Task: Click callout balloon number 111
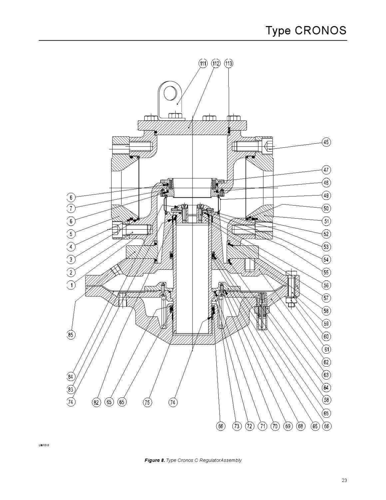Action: (x=203, y=63)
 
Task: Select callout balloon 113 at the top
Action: (x=228, y=63)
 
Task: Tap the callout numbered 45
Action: (x=326, y=142)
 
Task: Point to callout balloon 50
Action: (x=326, y=208)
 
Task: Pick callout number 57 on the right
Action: (x=326, y=298)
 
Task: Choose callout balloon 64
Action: (x=326, y=388)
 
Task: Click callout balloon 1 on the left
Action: (x=71, y=285)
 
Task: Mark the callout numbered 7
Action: (x=71, y=208)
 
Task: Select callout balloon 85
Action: (x=71, y=335)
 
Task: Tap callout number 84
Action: (x=71, y=377)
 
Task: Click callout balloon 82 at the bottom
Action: (x=96, y=402)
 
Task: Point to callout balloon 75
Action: (x=147, y=402)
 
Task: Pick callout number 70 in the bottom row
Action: (x=275, y=426)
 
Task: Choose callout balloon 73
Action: (x=237, y=426)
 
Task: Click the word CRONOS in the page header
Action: (x=321, y=31)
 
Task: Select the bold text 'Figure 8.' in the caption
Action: (x=154, y=460)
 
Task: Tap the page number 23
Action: (x=344, y=480)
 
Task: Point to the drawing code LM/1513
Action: (x=44, y=445)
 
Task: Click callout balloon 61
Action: (x=326, y=349)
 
